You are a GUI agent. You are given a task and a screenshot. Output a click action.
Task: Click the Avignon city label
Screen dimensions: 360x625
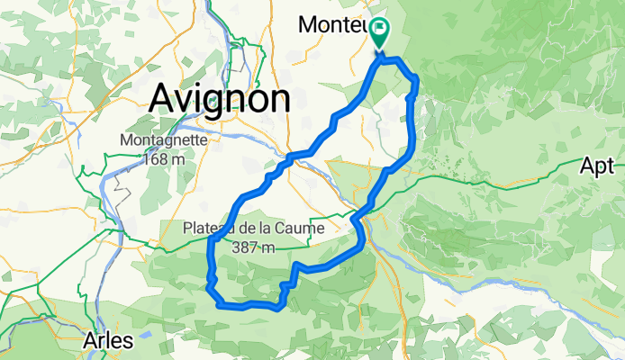[x=220, y=97]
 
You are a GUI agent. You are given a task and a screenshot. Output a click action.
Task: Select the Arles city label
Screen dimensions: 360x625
[x=107, y=341]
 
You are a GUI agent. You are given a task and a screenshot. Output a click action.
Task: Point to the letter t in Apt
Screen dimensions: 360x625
[x=610, y=166]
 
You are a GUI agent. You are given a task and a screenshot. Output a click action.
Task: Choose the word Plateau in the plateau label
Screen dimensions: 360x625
[x=211, y=227]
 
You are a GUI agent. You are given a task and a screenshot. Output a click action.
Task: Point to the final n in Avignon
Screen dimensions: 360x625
[x=277, y=97]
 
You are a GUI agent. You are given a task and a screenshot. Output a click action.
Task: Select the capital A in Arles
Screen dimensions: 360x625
[x=88, y=341]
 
